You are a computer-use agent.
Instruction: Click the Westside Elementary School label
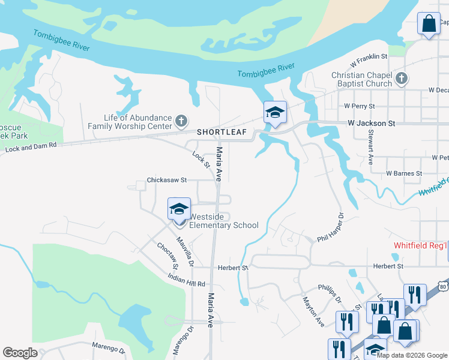tap(223, 221)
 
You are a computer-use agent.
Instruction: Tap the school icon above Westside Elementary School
tap(179, 209)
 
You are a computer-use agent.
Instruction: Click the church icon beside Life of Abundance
tap(181, 122)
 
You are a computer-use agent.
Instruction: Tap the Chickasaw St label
tap(167, 179)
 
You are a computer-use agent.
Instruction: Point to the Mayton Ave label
tap(313, 311)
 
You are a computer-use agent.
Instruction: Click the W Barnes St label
tap(404, 173)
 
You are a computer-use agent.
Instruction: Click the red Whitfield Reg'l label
tap(421, 245)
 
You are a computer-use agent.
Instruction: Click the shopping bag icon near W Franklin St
tap(429, 25)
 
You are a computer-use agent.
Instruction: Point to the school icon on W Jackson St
tap(275, 112)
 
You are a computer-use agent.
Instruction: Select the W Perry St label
tap(361, 105)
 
